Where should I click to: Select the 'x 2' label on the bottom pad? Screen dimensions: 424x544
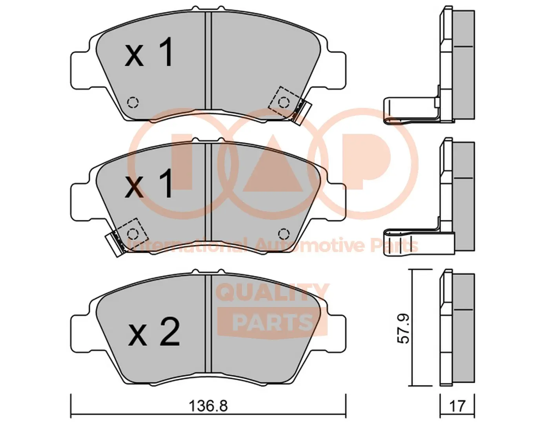154,333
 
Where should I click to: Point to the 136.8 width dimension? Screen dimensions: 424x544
208,406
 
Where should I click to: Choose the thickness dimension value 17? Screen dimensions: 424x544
457,406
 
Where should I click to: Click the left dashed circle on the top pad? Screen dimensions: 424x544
133,103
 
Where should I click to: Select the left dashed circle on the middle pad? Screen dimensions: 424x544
133,234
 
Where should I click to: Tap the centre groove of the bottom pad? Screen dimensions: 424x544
208,326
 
